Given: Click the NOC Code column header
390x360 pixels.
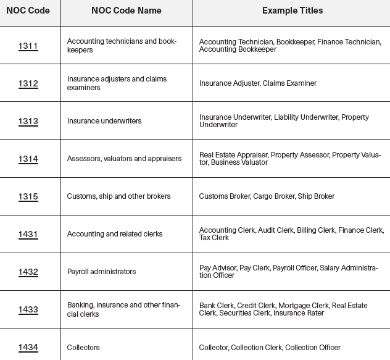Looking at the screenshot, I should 28,10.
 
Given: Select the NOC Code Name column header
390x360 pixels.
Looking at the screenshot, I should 126,10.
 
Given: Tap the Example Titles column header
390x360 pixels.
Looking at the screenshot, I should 292,10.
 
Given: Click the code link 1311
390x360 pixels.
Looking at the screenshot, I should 28,46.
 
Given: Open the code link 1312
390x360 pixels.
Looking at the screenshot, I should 28,83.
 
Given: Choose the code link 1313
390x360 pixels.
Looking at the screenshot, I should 28,121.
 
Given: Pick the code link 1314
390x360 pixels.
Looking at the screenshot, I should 28,159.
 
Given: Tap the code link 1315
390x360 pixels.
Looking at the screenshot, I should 28,196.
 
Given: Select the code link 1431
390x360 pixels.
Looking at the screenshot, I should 28,234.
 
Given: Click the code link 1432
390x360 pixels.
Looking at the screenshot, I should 28,272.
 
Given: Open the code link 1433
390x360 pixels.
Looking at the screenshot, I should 28,309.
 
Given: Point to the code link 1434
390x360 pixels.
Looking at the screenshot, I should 28,347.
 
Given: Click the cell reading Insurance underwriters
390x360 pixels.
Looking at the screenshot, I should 104,121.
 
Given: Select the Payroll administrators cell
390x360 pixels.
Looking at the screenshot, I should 101,272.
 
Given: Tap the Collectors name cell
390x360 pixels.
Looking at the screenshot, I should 83,348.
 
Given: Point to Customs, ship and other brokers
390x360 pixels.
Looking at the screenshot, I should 119,196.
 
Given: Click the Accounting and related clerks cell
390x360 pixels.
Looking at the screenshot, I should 115,234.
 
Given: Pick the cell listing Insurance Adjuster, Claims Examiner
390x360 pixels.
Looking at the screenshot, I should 258,83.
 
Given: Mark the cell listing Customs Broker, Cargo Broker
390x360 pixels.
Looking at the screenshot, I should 267,196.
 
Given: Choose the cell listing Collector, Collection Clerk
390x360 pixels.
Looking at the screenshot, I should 270,348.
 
